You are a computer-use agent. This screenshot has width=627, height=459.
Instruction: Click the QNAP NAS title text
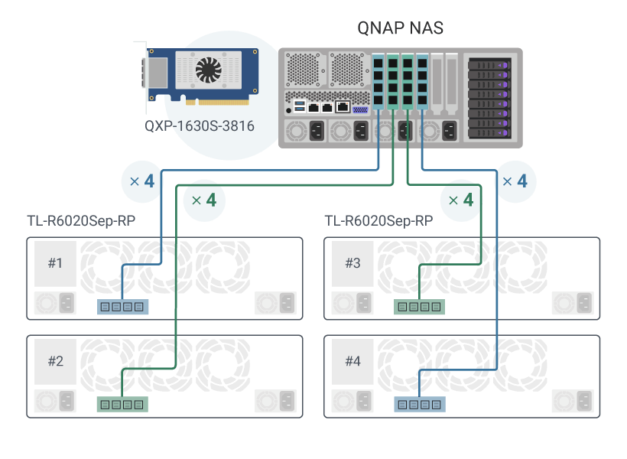pos(400,28)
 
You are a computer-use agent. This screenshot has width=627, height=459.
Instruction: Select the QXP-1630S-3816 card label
pos(200,125)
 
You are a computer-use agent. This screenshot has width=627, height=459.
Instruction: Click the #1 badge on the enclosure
pos(55,264)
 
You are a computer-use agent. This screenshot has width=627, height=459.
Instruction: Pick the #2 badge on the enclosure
pos(55,361)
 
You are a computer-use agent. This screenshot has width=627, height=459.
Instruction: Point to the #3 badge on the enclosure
pos(352,264)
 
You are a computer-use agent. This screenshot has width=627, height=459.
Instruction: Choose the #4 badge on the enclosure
pos(352,361)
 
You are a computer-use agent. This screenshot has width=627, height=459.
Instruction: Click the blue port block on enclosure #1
pos(122,307)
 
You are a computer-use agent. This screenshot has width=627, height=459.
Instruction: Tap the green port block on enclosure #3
pos(420,307)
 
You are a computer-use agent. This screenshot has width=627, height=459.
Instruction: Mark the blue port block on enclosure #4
pos(420,404)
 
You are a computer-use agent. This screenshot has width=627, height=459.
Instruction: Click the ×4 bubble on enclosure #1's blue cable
pos(142,182)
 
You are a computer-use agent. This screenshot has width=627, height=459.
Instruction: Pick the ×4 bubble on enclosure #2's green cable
pos(204,200)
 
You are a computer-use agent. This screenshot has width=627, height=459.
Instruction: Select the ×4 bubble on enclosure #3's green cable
pos(460,200)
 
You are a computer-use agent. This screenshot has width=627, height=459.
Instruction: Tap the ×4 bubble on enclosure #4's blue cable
pos(514,182)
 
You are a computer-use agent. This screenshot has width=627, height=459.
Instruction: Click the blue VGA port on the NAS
pos(360,109)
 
